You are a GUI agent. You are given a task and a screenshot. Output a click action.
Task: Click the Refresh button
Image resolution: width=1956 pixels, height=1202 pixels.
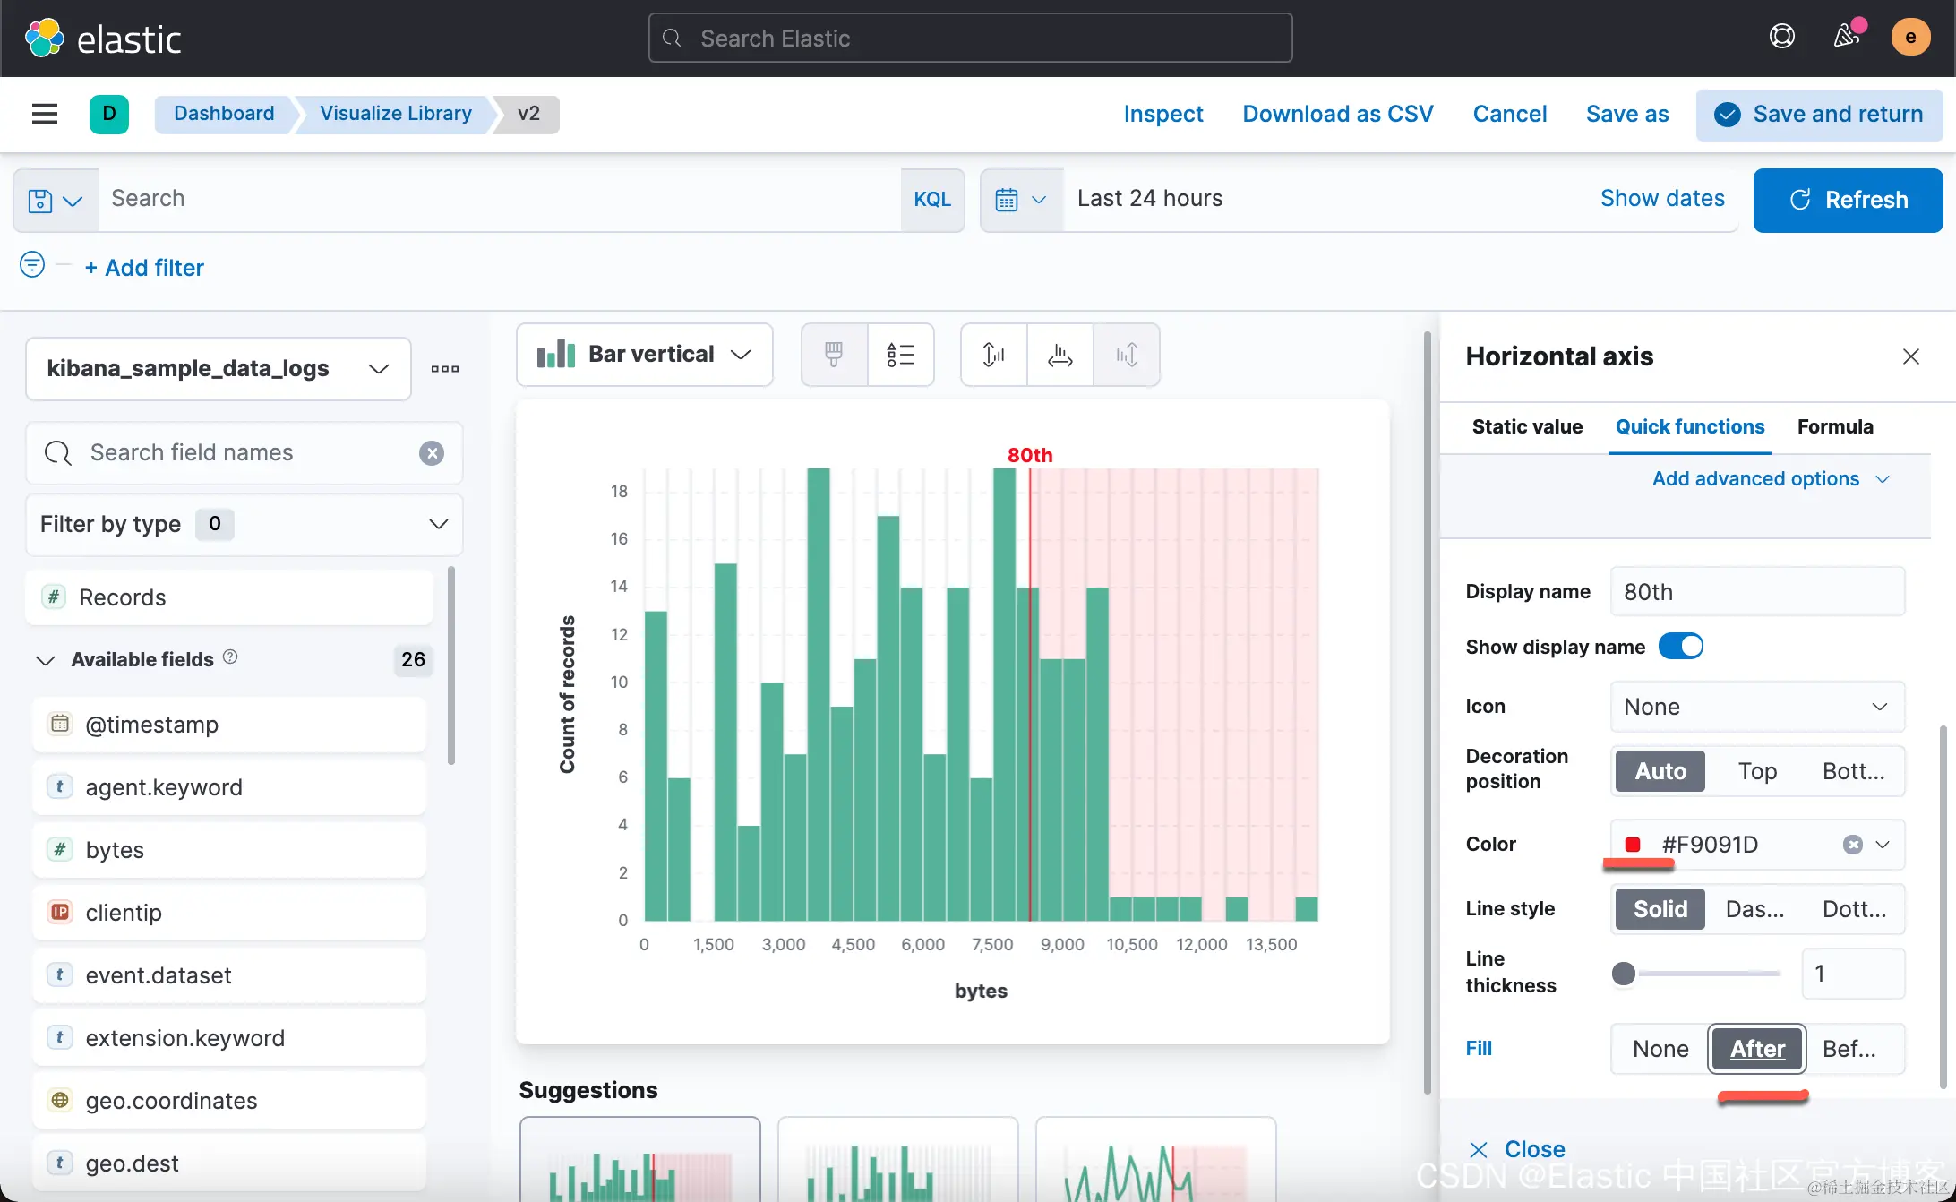1848,200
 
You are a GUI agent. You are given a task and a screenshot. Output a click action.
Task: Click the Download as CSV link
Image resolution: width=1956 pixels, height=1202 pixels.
1338,114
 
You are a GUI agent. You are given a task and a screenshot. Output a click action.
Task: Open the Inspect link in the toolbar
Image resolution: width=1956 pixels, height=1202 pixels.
1163,114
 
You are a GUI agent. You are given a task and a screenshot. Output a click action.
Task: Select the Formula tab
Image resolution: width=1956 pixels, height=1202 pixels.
1835,426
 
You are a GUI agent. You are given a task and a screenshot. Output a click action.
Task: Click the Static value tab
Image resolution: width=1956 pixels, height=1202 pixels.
1527,426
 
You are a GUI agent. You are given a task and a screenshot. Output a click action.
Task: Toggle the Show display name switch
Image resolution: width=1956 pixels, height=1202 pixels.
1681,646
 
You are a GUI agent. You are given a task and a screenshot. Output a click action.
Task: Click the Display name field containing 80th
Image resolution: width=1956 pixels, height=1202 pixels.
1757,592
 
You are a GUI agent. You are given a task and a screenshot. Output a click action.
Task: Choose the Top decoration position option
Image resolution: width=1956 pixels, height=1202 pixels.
1757,771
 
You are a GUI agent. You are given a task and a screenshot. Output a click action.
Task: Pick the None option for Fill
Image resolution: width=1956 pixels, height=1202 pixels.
1660,1049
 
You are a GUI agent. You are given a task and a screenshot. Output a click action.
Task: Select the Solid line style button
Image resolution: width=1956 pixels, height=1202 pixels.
1660,909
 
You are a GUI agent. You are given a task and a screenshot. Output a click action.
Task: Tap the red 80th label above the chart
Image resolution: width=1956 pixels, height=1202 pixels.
1030,455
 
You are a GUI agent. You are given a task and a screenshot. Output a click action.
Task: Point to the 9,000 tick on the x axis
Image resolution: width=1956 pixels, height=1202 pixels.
1062,944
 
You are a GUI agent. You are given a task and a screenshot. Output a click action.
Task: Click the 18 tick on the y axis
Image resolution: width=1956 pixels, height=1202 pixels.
619,491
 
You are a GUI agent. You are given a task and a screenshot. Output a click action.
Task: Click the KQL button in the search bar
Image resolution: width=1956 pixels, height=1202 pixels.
932,199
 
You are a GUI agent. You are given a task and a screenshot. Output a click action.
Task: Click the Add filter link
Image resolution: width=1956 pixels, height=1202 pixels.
144,268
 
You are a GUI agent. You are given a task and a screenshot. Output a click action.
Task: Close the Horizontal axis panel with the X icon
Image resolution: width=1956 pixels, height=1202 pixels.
1911,356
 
